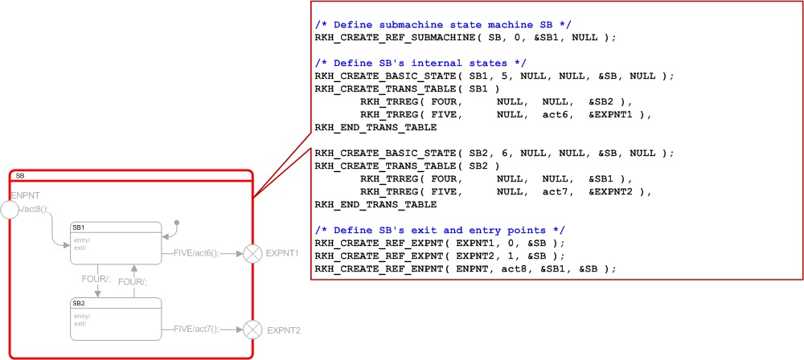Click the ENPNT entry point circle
pyautogui.click(x=10, y=210)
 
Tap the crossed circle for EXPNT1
pyautogui.click(x=253, y=253)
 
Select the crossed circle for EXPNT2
pyautogui.click(x=253, y=329)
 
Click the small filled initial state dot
pyautogui.click(x=177, y=223)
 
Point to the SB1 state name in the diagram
pyautogui.click(x=79, y=227)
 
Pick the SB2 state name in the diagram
pyautogui.click(x=79, y=303)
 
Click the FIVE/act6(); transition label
pyautogui.click(x=195, y=252)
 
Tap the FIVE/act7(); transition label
pyautogui.click(x=195, y=328)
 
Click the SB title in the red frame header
pyautogui.click(x=20, y=175)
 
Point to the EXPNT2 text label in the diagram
pyautogui.click(x=283, y=329)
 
